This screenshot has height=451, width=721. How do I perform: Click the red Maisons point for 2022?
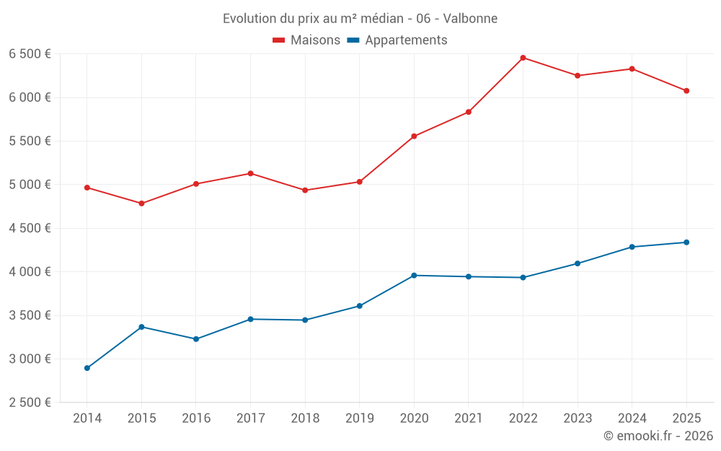523,58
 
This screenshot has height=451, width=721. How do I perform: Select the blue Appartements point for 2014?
87,368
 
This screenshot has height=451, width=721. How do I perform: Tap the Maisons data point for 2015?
141,203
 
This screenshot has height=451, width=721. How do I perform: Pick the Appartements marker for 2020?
414,276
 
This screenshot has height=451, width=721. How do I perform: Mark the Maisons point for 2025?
686,91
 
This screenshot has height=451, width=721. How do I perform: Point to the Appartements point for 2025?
686,242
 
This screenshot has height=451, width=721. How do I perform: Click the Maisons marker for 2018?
305,191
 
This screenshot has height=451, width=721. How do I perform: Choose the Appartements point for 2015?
141,327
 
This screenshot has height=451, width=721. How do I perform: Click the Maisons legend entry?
306,40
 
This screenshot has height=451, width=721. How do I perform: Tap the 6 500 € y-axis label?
30,54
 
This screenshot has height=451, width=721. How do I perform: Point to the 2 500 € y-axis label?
30,403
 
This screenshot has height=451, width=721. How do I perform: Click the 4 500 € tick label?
30,228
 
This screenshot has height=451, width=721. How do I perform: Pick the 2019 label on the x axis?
359,418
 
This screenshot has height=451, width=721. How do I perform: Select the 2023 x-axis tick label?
578,418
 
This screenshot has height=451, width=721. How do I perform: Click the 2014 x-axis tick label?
87,418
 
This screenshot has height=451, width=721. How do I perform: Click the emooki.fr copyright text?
658,436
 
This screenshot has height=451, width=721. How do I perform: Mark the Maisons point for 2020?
414,136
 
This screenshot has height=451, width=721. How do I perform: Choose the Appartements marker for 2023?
578,263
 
